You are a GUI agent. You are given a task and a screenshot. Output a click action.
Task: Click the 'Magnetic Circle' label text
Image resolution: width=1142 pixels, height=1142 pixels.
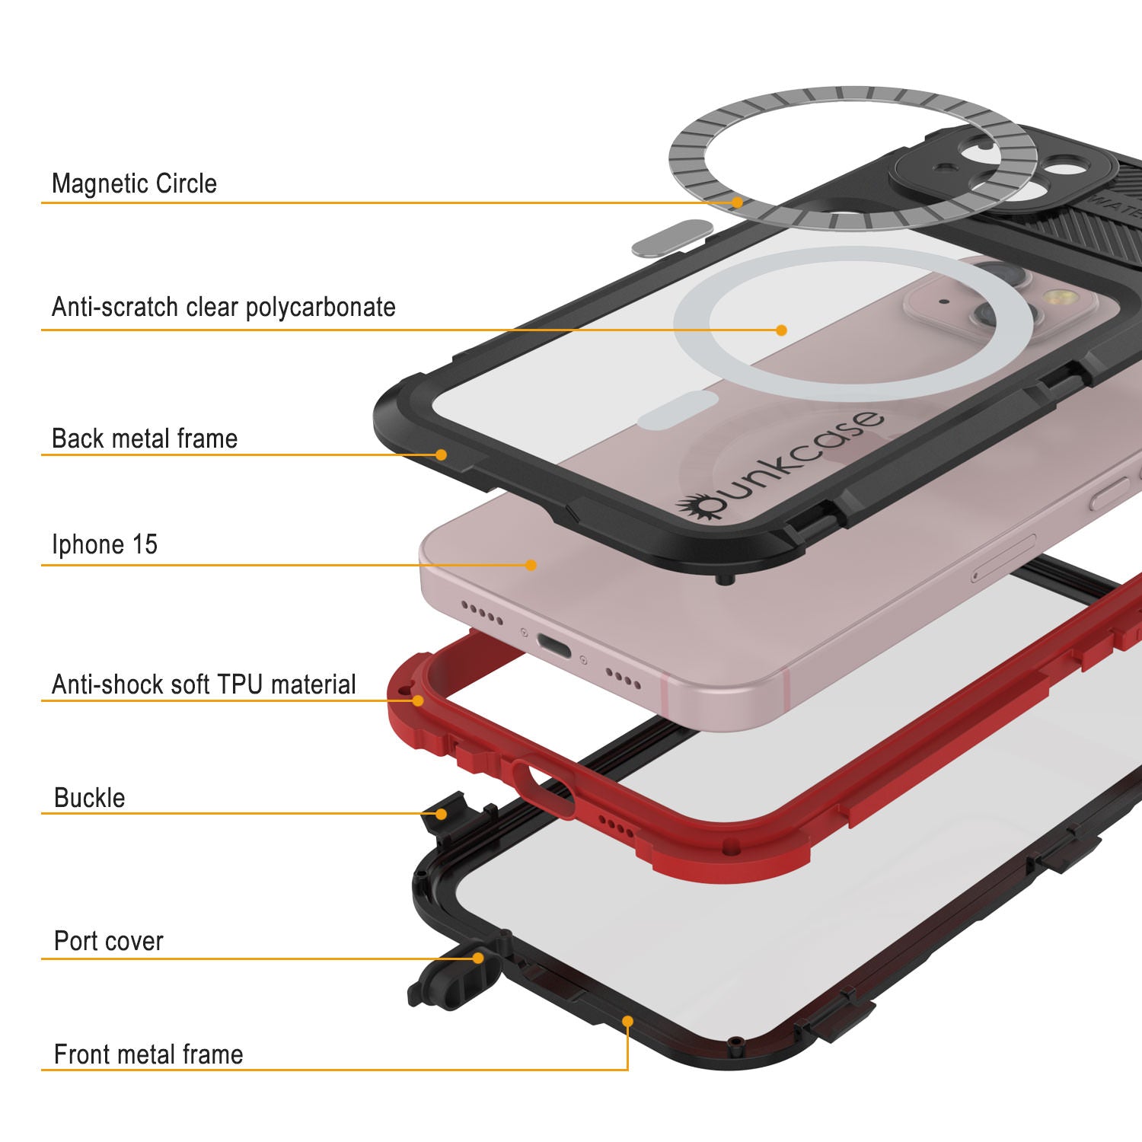134,183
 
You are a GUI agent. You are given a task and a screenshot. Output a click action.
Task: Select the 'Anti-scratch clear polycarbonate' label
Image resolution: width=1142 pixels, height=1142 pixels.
224,307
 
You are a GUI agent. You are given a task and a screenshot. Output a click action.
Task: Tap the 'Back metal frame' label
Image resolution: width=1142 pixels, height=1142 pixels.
145,439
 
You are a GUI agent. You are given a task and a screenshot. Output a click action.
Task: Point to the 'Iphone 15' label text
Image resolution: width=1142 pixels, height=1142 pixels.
105,544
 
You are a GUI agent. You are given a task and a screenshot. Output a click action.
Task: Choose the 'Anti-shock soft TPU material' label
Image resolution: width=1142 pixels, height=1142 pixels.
204,684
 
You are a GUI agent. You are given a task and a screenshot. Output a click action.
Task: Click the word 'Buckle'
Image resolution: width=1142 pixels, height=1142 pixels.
90,798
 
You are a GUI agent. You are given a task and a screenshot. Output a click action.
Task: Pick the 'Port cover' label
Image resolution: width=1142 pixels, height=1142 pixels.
109,941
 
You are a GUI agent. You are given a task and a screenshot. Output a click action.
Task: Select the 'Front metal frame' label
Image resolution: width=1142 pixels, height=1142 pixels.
148,1054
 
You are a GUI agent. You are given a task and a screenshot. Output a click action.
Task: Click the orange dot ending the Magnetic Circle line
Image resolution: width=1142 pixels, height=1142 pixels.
737,203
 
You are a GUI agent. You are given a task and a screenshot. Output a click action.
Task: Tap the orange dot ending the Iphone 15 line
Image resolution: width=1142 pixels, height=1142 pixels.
531,565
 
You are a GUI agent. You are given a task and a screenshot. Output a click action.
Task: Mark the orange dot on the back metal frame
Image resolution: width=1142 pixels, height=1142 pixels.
441,455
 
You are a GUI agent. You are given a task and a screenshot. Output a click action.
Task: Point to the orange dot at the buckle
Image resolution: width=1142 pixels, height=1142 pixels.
441,814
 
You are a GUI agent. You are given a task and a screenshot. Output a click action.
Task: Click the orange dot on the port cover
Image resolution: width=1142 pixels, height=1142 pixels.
478,958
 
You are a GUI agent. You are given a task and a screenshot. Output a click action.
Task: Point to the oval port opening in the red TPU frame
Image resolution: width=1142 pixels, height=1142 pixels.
544,787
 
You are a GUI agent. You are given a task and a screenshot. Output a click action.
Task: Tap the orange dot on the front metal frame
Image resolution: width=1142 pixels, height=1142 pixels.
627,1020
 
